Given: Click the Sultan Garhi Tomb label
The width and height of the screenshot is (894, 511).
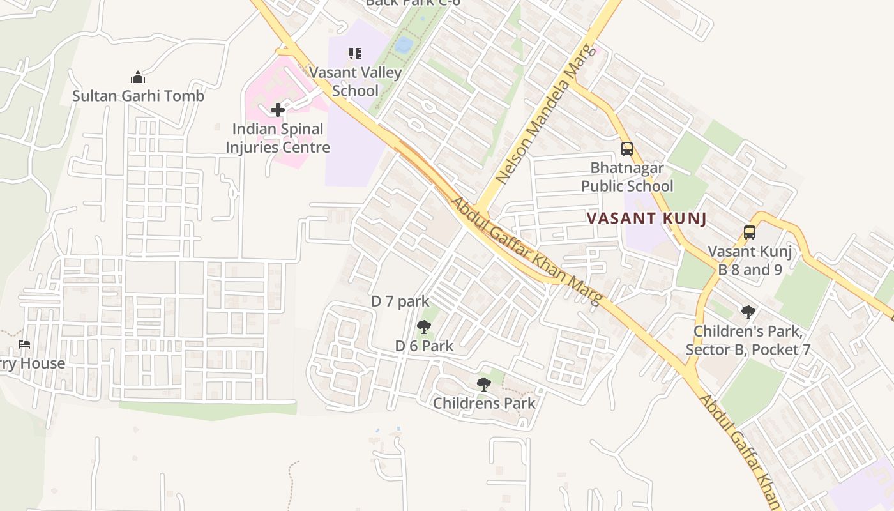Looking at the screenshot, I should (x=138, y=96).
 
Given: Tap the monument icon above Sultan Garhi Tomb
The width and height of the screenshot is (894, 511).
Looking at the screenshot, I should (x=138, y=78).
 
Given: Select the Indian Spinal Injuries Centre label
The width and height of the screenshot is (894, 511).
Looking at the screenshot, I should (x=278, y=138).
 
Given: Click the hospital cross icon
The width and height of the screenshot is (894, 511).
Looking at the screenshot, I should (x=278, y=110).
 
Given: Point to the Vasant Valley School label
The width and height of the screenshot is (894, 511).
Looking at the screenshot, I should (x=356, y=81).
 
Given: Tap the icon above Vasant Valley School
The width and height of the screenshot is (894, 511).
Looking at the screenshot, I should (x=355, y=54).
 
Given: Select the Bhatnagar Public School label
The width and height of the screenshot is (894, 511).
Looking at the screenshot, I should (x=627, y=177).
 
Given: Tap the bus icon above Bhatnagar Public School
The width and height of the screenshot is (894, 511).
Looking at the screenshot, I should (x=627, y=149).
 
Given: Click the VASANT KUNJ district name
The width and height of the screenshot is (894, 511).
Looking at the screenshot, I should (x=646, y=218).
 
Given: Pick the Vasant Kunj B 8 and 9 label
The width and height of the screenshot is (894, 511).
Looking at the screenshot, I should (x=750, y=261).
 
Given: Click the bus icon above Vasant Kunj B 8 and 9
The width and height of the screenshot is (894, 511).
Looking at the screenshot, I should (x=750, y=233).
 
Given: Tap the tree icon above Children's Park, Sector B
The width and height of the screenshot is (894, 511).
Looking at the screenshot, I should (x=748, y=312).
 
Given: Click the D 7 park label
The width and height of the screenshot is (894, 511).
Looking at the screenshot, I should (x=400, y=301).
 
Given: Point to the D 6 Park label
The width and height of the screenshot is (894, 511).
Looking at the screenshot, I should (x=424, y=346).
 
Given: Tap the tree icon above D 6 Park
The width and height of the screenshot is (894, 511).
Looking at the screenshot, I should (x=423, y=328).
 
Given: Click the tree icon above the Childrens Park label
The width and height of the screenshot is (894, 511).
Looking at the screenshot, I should (x=484, y=385).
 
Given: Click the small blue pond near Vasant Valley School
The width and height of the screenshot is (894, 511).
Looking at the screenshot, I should (x=404, y=45).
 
